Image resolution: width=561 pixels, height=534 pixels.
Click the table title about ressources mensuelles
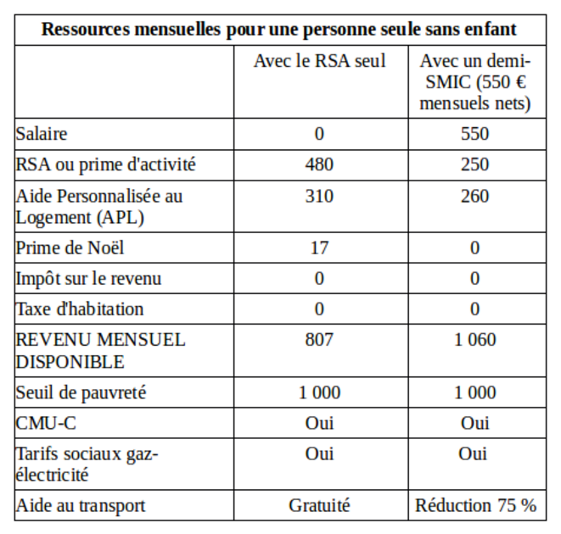279,30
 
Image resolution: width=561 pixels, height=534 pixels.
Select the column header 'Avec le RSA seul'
319,61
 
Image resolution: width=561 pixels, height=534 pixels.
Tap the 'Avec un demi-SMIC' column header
475,82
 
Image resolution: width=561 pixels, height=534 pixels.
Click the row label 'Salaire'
41,134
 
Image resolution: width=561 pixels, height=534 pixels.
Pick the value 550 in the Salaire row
474,134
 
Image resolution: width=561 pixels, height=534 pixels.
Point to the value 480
319,164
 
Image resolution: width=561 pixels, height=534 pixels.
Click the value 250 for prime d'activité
474,164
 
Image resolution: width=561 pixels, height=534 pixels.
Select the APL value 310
319,197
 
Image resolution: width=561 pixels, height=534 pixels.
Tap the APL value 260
474,197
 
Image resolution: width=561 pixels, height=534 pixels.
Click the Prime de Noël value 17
319,248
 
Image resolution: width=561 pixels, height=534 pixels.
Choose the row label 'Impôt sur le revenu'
88,279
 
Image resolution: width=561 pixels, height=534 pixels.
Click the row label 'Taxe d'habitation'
80,309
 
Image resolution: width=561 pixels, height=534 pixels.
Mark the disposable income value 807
319,340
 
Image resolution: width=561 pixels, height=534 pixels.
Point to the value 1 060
474,340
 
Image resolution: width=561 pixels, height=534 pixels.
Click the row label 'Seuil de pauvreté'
81,393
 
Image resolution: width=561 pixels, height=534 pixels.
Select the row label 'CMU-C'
46,424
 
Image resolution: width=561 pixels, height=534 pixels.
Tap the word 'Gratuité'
319,506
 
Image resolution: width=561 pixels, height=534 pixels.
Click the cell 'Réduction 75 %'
475,506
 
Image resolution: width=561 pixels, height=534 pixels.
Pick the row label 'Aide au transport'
81,506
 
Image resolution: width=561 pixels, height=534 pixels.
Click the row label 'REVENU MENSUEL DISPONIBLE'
100,351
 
